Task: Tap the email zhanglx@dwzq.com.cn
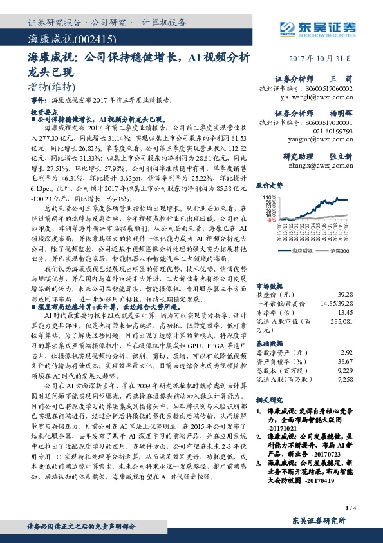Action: (x=320, y=164)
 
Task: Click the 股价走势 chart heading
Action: (x=270, y=185)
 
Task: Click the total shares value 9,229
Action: (x=344, y=371)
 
